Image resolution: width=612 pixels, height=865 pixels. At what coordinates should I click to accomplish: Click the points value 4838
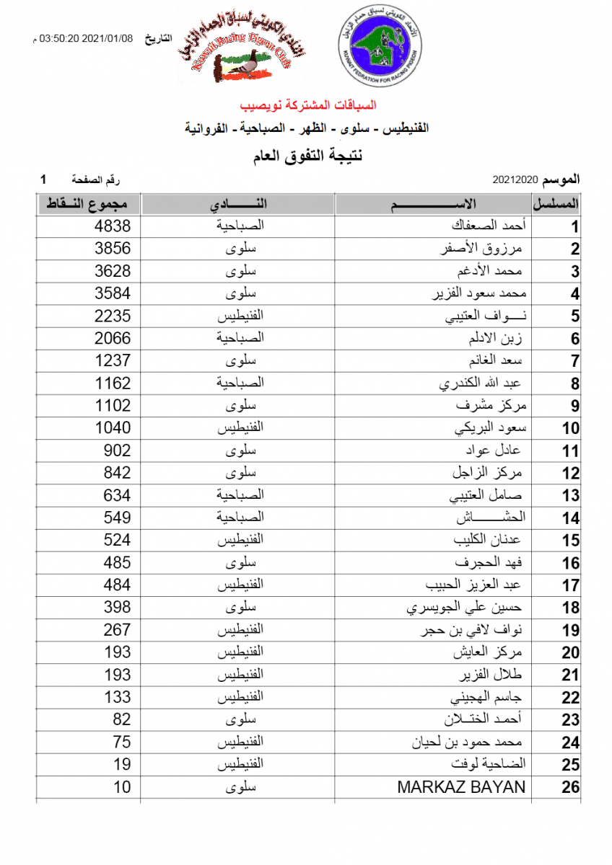click(x=113, y=226)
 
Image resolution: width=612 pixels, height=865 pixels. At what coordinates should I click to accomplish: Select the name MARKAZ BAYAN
click(x=461, y=786)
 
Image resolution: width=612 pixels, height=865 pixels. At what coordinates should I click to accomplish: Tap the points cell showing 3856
click(x=113, y=249)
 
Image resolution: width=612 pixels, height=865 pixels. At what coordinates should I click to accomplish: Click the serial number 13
click(x=571, y=496)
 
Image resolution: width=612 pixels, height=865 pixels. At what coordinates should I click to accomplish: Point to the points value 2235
click(x=113, y=316)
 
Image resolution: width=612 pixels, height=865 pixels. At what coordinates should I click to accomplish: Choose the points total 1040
click(x=113, y=427)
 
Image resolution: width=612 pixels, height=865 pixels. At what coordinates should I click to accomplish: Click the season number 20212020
click(x=516, y=178)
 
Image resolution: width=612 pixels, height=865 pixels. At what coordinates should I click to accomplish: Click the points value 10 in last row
click(x=122, y=786)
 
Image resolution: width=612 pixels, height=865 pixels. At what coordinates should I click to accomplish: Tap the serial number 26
click(x=570, y=787)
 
